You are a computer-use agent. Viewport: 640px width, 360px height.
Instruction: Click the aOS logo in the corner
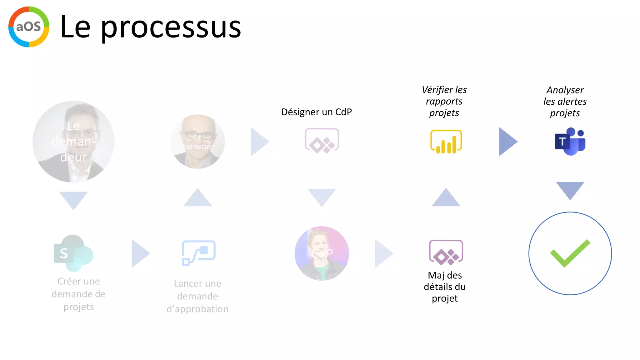click(x=29, y=27)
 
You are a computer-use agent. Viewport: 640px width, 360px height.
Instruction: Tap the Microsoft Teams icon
click(x=570, y=141)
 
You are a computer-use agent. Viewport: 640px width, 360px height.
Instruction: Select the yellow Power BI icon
click(x=446, y=142)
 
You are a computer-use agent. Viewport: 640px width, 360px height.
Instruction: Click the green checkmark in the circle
click(x=570, y=253)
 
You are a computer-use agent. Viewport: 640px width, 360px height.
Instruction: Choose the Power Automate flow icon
click(x=199, y=253)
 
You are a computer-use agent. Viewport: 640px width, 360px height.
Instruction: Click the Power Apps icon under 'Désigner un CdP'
click(x=322, y=141)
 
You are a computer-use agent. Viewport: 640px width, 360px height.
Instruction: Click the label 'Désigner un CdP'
click(x=317, y=112)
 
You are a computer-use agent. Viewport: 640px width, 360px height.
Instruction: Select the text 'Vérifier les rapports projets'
click(x=444, y=101)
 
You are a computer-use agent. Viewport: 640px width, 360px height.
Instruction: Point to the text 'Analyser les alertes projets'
click(x=565, y=102)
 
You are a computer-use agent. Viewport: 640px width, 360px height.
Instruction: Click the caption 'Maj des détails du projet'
click(x=445, y=287)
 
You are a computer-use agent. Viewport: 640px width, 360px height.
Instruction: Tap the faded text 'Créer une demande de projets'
click(x=79, y=294)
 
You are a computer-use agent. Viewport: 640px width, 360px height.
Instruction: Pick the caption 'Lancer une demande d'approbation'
click(x=197, y=296)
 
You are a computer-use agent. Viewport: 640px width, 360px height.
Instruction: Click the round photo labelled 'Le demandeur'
click(x=73, y=142)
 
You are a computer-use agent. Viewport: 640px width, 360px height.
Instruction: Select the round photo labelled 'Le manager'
click(x=197, y=142)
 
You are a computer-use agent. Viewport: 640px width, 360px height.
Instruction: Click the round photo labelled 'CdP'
click(x=322, y=253)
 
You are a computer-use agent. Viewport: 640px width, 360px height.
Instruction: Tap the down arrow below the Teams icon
click(x=570, y=190)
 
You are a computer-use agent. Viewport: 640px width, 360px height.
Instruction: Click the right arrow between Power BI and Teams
click(x=507, y=142)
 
